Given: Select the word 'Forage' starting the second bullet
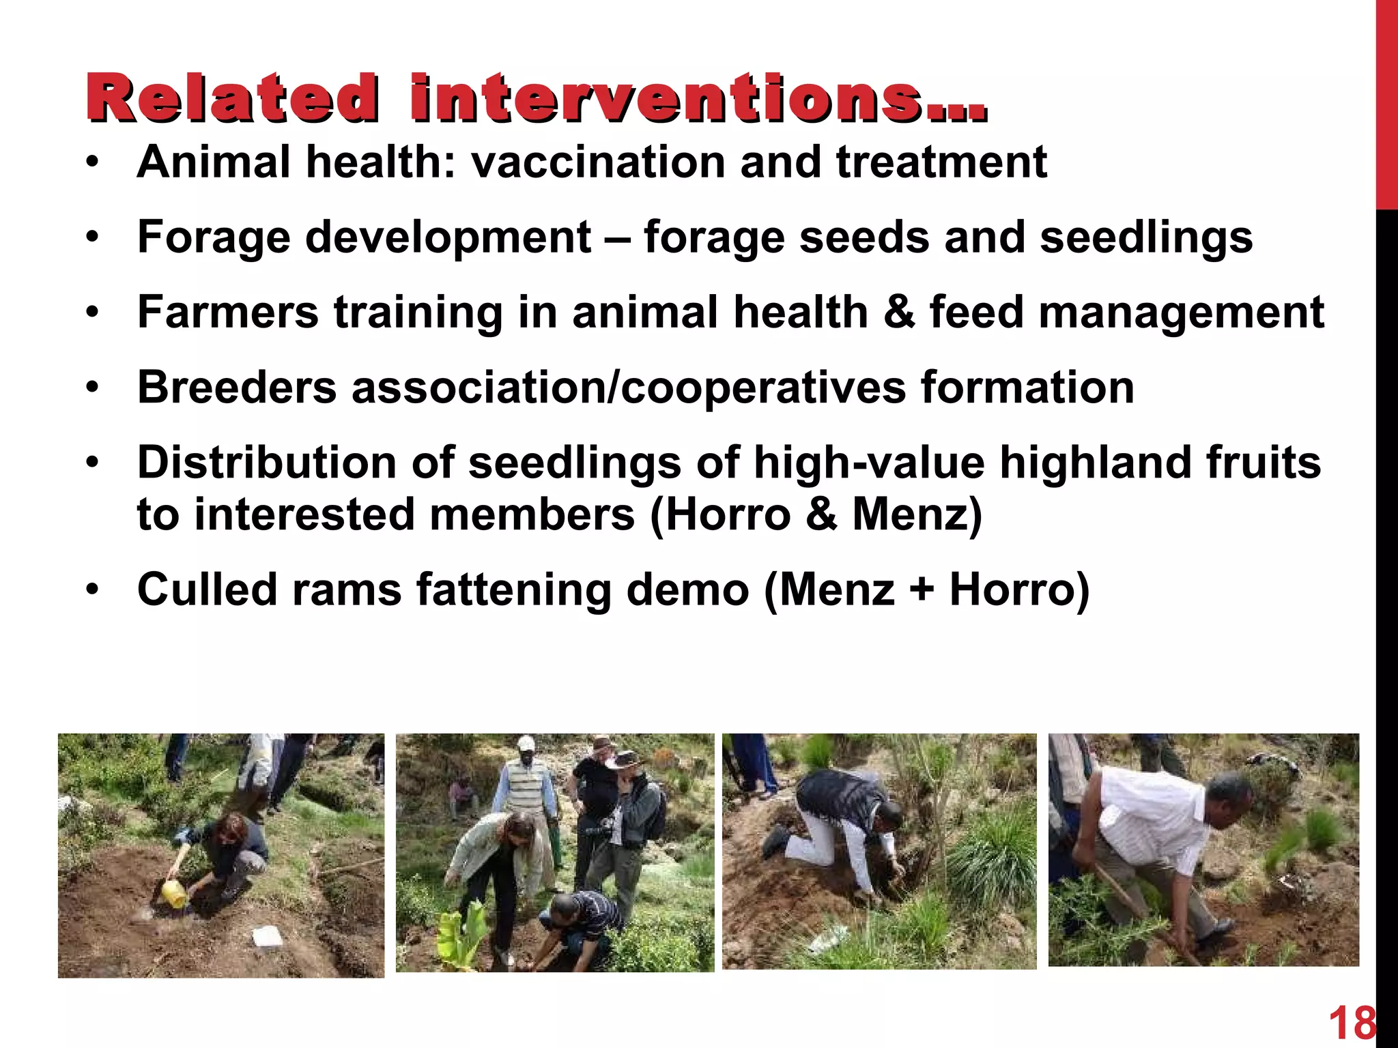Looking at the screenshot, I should [214, 237].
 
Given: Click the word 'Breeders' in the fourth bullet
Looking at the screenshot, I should [237, 388].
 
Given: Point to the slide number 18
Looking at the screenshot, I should [1351, 1024].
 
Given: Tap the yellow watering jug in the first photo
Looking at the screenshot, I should [174, 894].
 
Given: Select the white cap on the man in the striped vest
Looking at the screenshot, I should [525, 743].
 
